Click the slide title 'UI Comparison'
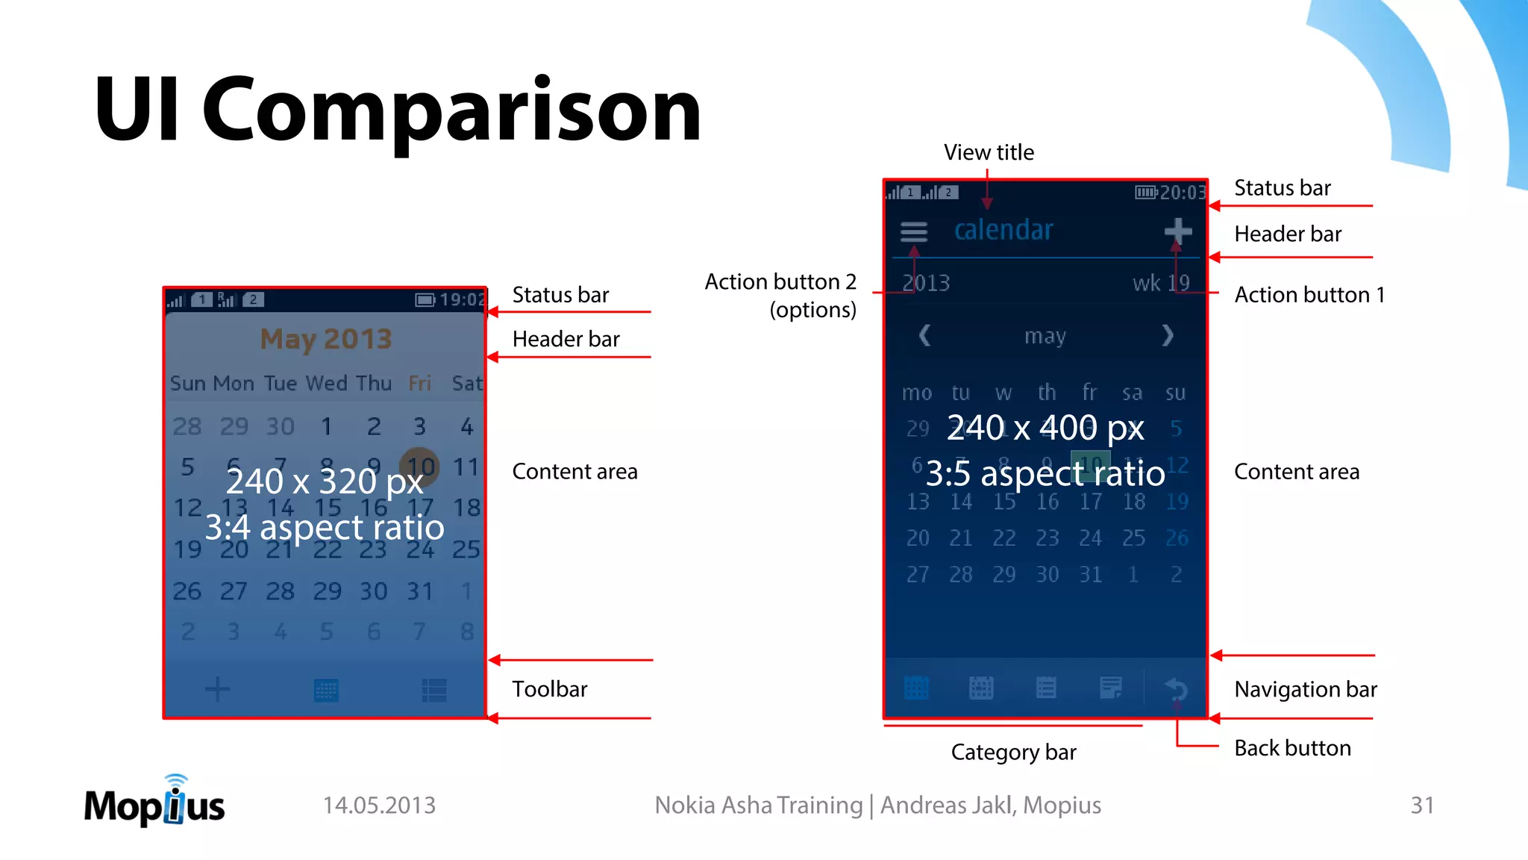click(x=397, y=110)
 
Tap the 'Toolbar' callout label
click(x=549, y=689)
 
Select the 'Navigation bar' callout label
click(x=1305, y=689)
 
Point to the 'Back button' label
click(x=1292, y=748)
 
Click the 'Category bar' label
click(x=1013, y=752)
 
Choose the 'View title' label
click(x=989, y=152)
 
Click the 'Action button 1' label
click(x=1309, y=295)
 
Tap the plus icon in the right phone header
click(x=1178, y=231)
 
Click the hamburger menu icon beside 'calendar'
click(x=914, y=232)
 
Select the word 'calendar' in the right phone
click(x=1003, y=231)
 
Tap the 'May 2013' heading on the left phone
click(x=326, y=340)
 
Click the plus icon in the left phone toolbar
click(x=217, y=689)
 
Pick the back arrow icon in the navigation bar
click(x=1177, y=688)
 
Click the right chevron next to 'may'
click(x=1168, y=336)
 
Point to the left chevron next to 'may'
click(x=924, y=336)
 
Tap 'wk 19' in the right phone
click(x=1161, y=284)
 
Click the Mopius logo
click(x=154, y=802)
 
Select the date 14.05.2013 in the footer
click(x=379, y=806)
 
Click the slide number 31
click(x=1422, y=806)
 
